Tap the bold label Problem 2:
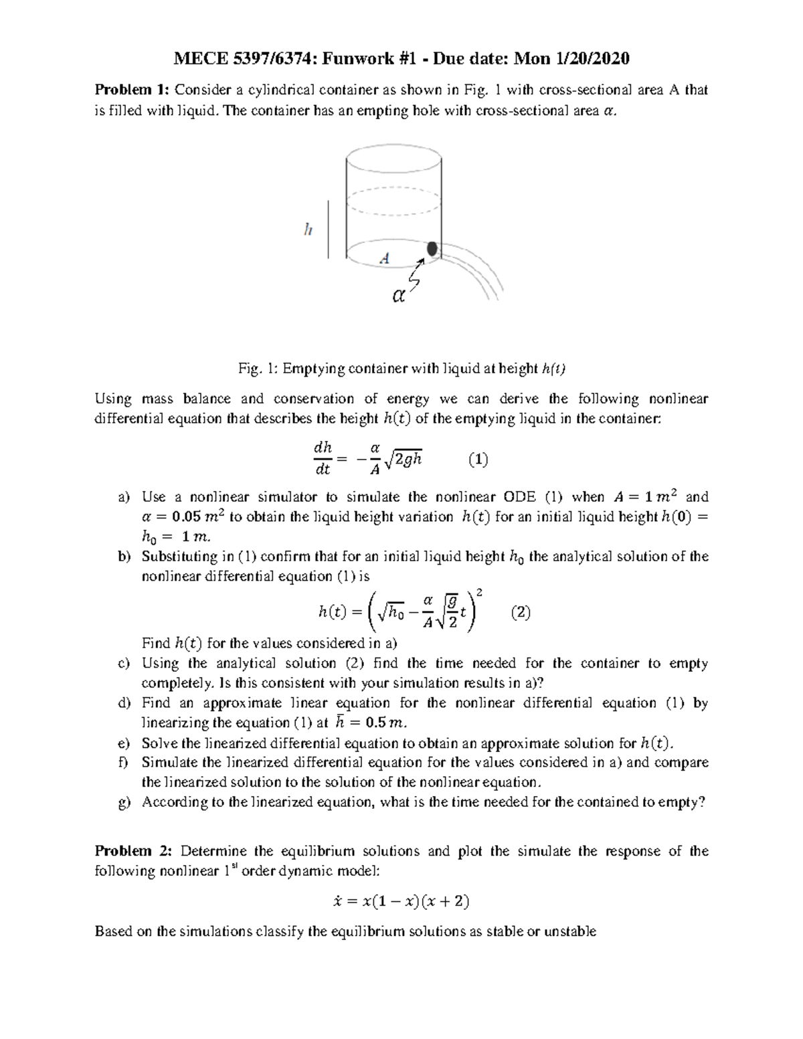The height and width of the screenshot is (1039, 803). [134, 851]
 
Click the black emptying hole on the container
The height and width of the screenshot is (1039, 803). [432, 249]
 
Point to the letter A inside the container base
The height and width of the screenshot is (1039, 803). [385, 258]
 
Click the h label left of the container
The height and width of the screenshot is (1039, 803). [307, 229]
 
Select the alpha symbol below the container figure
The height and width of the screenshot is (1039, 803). [398, 296]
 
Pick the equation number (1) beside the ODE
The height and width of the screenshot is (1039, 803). [478, 460]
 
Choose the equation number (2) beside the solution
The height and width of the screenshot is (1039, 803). [521, 612]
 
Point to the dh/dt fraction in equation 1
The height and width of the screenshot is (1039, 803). [323, 459]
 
